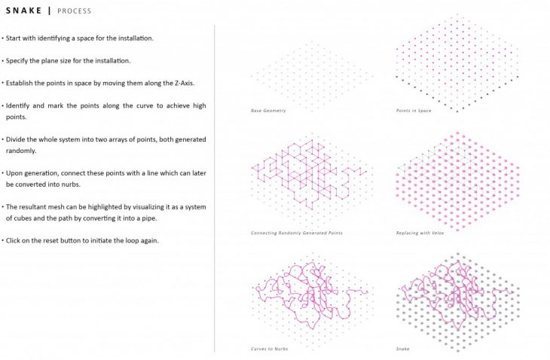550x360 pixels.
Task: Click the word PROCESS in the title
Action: (74, 11)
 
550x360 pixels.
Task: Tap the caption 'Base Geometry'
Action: (268, 111)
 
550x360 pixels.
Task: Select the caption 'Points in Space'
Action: (414, 111)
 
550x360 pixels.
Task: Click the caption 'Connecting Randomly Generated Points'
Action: (297, 233)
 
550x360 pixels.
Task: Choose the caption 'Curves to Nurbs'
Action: (269, 349)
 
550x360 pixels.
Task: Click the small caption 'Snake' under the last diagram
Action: (402, 349)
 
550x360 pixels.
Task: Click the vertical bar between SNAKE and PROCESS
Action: (49, 11)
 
